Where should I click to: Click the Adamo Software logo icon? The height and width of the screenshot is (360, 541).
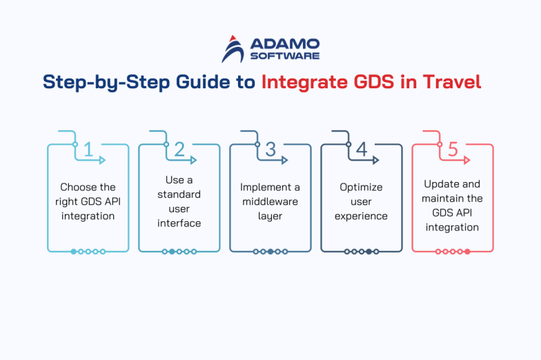pos(233,48)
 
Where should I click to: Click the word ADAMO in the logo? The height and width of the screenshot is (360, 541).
pos(284,43)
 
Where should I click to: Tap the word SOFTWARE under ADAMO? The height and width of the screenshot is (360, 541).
pos(284,56)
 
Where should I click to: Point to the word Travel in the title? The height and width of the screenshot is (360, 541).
pos(450,81)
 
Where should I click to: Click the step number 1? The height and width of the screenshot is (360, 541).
pos(88,149)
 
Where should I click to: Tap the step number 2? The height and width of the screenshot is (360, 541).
pos(179,149)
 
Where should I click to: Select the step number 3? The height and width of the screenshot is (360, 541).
pos(270,149)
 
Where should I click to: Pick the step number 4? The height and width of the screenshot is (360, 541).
pos(362,149)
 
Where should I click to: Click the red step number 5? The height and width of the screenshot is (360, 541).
pos(453,149)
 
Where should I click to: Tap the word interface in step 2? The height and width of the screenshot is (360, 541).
pos(179,223)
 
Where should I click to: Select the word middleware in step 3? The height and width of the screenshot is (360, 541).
pos(270,201)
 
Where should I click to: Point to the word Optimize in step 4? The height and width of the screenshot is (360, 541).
pos(361,187)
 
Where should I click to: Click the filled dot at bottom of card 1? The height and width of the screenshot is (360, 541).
pos(74,252)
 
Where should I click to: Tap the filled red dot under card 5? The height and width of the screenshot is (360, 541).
pos(467,252)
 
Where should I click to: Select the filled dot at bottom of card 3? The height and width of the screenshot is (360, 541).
pos(270,252)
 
